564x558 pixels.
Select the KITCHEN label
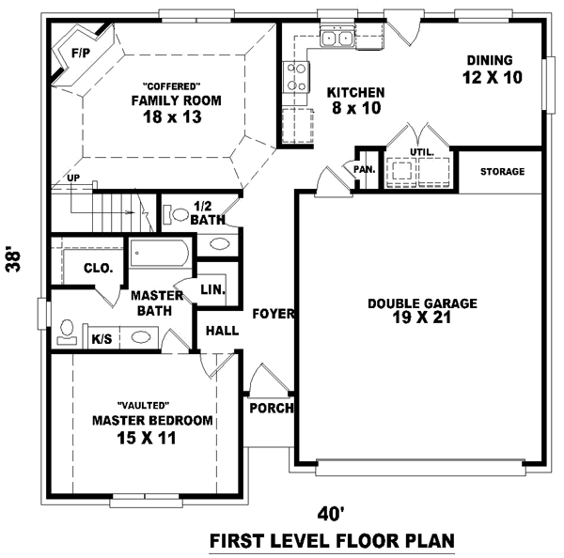tap(355, 92)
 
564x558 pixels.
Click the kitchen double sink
tap(337, 39)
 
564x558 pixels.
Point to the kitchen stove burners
tap(298, 75)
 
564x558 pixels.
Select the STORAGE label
tap(502, 172)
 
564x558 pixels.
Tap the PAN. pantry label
tap(365, 169)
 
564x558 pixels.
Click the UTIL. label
tap(422, 151)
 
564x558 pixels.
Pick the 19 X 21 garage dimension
tap(422, 318)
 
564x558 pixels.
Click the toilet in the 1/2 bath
tap(175, 214)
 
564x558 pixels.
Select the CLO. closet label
tap(99, 268)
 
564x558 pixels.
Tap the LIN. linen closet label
tap(212, 290)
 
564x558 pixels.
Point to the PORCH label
tap(272, 409)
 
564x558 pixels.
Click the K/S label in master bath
tap(102, 337)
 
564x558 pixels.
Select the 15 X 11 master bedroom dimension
tap(147, 438)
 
